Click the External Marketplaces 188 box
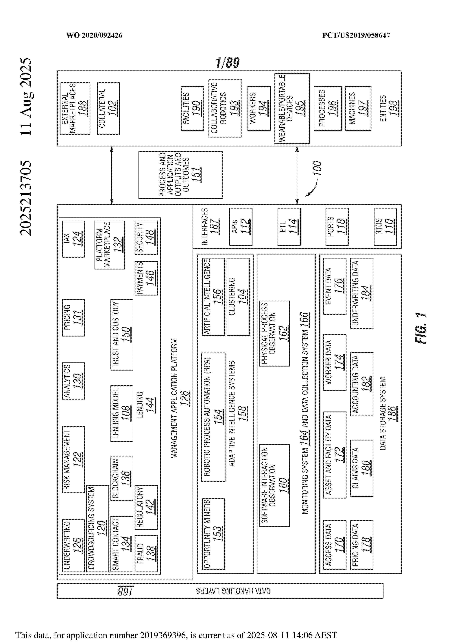(x=75, y=109)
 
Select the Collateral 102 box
(x=108, y=109)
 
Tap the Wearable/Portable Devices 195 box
(x=292, y=109)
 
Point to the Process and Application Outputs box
(x=180, y=175)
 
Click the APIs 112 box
(x=241, y=227)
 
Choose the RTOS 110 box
(x=385, y=227)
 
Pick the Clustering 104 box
(x=238, y=297)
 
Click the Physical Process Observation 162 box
(x=275, y=334)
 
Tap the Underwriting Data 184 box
(x=362, y=293)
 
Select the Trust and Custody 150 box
(x=122, y=335)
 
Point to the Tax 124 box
(x=73, y=239)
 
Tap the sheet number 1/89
(x=228, y=63)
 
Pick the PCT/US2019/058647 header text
(x=356, y=35)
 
